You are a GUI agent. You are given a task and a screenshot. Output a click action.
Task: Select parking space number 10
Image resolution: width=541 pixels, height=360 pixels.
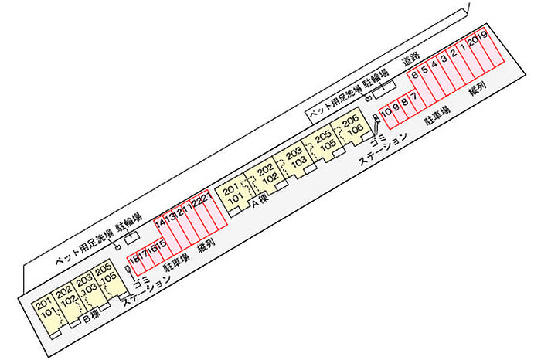click(385, 114)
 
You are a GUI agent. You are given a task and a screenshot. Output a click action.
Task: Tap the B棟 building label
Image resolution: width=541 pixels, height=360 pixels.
click(91, 316)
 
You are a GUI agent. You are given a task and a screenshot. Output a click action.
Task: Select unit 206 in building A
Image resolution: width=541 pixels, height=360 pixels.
click(351, 121)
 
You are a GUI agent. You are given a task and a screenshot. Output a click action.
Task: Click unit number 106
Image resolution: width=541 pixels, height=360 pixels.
click(355, 131)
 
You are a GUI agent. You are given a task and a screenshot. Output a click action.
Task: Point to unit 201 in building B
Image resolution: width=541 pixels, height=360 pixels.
click(43, 302)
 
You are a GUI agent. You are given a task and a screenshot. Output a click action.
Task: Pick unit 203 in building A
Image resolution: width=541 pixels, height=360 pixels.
click(294, 152)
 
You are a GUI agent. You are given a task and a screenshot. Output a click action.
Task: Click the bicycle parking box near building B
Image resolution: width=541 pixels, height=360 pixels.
click(132, 234)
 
